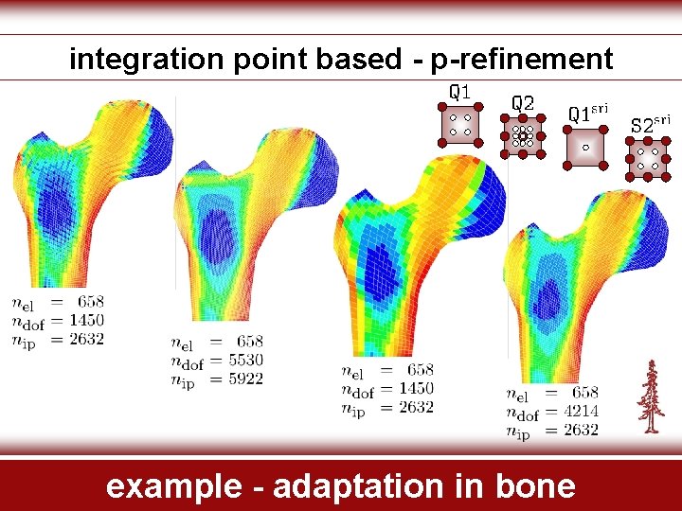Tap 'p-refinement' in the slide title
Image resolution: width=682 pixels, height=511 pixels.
(522, 60)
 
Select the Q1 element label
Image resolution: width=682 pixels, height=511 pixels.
(459, 93)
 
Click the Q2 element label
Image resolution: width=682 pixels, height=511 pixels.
(522, 102)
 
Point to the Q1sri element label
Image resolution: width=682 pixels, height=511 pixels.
(586, 114)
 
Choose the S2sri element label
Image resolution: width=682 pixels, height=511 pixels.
(650, 123)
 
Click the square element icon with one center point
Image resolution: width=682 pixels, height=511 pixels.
(585, 148)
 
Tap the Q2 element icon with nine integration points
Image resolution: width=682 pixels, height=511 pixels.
(522, 136)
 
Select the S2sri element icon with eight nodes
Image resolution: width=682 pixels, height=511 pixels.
(648, 158)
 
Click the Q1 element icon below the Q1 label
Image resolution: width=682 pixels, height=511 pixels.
(459, 124)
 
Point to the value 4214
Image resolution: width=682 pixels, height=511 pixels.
(579, 412)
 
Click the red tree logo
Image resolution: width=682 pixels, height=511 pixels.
(650, 396)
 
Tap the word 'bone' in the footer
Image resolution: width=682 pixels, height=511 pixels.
(534, 486)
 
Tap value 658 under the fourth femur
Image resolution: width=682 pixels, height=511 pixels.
(585, 393)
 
